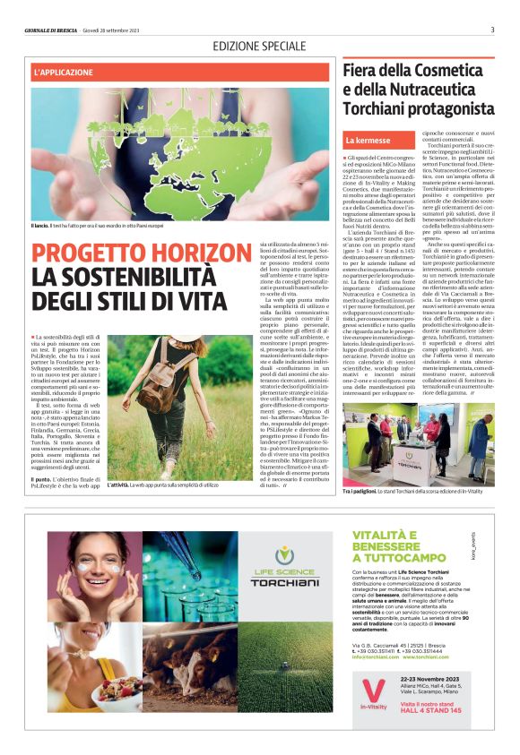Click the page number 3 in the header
click(x=492, y=29)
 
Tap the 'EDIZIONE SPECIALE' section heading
click(x=259, y=46)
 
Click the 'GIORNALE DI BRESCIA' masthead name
click(x=54, y=30)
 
